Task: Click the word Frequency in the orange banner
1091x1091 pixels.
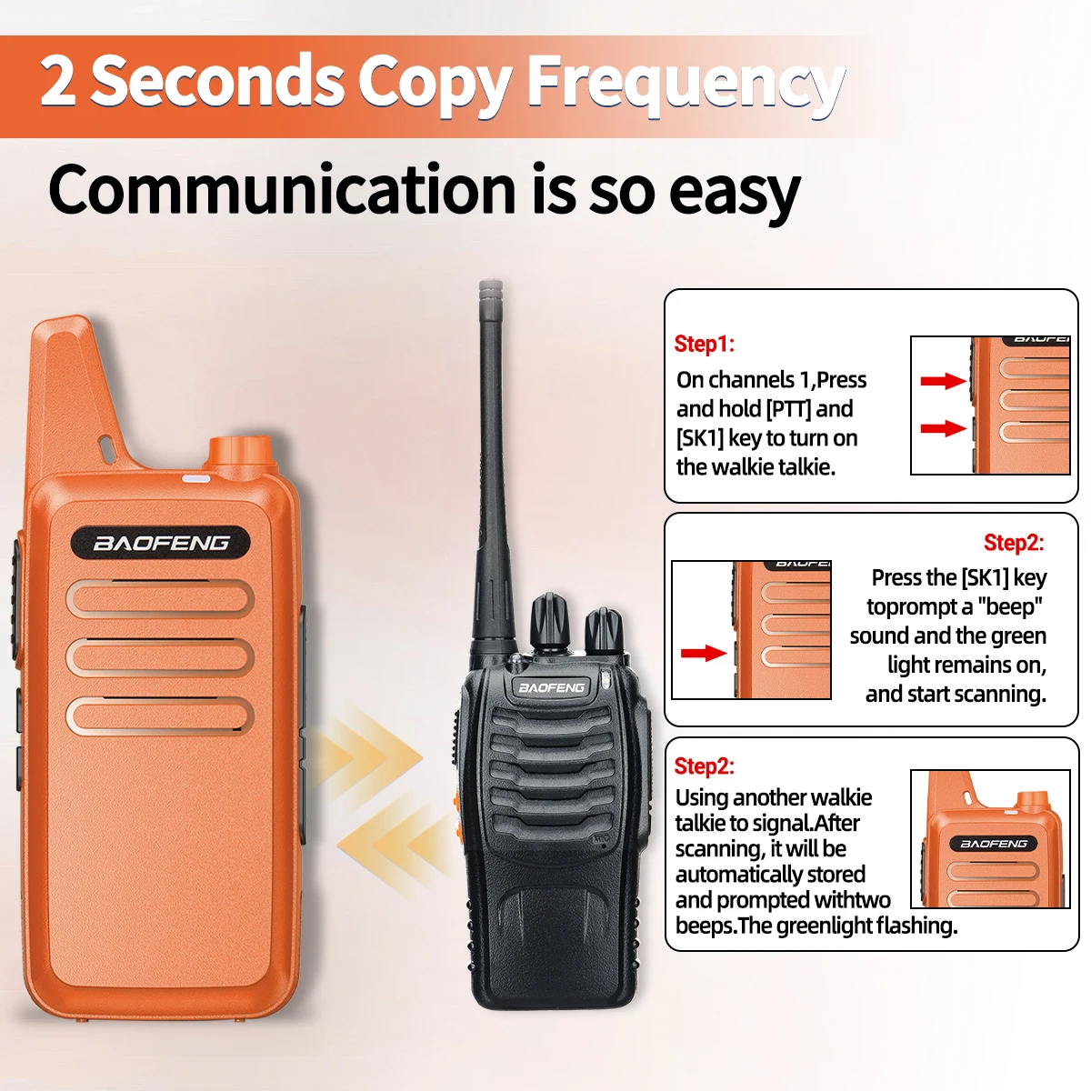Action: point(686,84)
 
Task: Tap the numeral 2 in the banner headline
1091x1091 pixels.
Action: point(58,80)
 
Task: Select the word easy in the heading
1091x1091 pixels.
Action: point(735,195)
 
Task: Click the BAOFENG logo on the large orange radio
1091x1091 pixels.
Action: point(161,544)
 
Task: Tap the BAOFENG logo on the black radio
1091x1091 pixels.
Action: point(552,687)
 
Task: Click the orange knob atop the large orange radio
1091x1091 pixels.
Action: point(242,452)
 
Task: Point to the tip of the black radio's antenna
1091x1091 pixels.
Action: point(490,281)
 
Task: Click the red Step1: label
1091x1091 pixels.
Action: point(704,344)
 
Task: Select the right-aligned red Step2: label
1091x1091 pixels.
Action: point(1014,543)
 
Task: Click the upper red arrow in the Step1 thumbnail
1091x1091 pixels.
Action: point(943,381)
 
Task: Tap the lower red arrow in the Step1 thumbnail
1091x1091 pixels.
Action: point(943,428)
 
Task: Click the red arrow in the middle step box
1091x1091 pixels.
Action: point(704,654)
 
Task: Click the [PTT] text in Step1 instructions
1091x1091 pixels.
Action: point(788,409)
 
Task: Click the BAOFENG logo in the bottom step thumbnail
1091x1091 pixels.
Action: point(994,844)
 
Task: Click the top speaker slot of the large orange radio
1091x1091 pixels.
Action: point(160,599)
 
